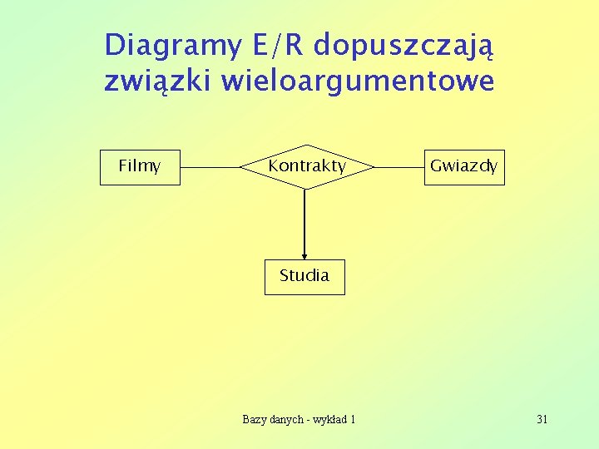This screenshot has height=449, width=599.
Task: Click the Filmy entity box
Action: pos(140,166)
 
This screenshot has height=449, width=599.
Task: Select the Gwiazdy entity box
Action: pos(464,166)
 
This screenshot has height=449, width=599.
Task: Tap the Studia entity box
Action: pos(304,276)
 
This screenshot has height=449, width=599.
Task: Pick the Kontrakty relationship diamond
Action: pos(306,166)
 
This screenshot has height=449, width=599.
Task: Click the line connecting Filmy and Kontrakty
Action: pos(210,166)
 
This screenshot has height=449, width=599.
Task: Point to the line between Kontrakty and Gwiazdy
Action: pos(399,166)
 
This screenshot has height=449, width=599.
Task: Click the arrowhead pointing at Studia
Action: pos(304,255)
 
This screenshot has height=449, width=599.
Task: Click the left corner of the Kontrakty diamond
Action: pos(241,166)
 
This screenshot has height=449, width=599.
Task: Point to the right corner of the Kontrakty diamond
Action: pos(373,166)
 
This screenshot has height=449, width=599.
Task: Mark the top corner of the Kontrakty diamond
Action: pos(305,146)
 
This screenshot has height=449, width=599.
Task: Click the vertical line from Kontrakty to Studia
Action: pos(304,220)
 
